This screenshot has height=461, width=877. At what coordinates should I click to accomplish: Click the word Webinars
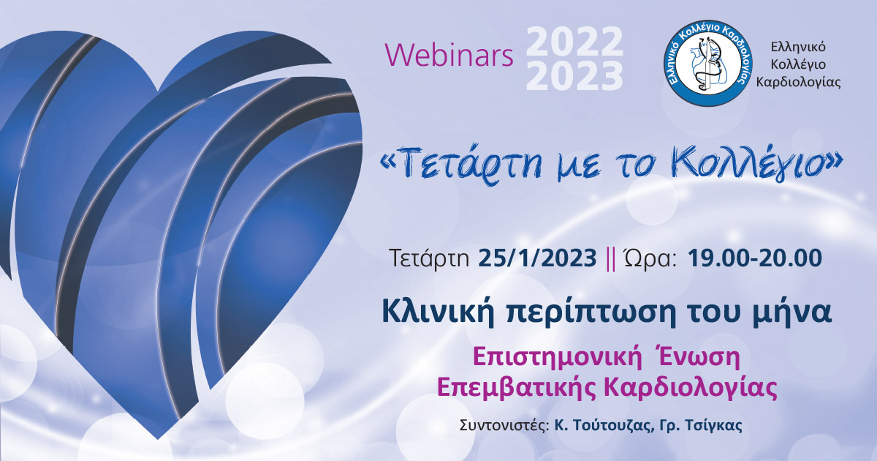pos(449,55)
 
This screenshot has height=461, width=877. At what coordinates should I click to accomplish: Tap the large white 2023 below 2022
pos(574,76)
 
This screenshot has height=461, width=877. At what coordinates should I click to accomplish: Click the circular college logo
pos(708,63)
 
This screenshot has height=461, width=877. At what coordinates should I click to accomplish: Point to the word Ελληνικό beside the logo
pos(798,47)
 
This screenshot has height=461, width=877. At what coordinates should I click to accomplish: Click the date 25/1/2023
pos(537,258)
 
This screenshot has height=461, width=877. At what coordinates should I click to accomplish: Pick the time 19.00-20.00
pos(755,258)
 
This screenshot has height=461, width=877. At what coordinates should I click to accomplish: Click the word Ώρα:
pos(650,258)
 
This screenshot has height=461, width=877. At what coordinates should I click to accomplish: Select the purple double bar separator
pos(610,259)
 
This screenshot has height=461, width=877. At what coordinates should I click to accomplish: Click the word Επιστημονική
pos(558,359)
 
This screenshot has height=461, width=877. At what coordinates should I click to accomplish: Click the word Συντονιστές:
pos(504,426)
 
